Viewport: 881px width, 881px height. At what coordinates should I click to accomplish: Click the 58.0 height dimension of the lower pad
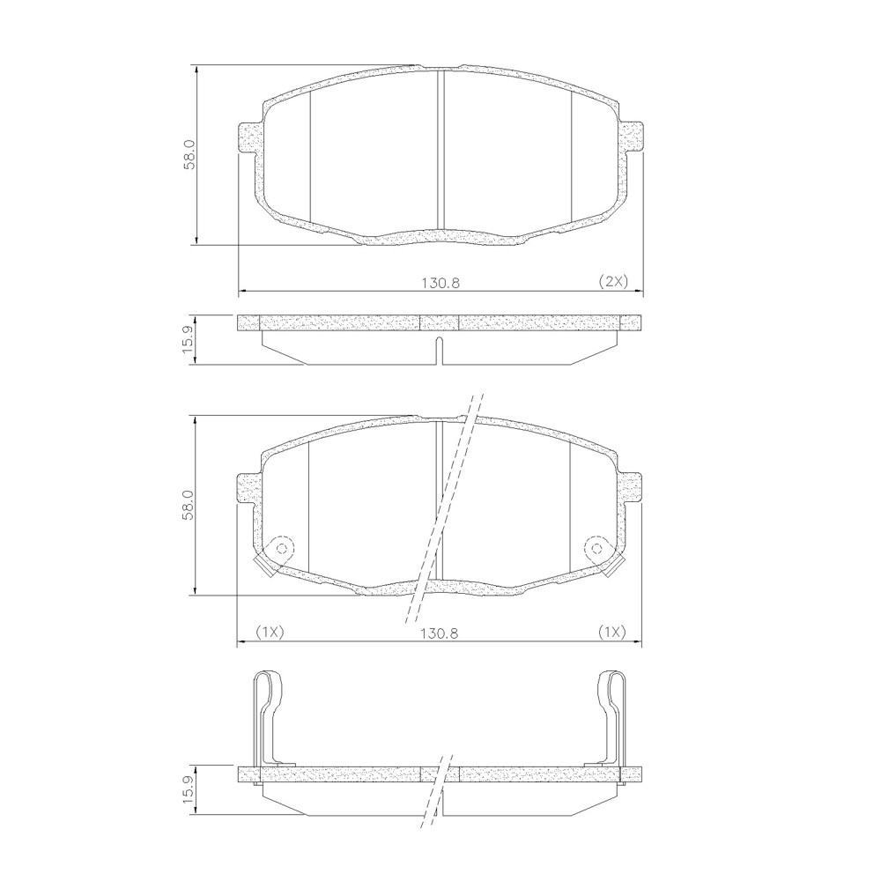point(189,506)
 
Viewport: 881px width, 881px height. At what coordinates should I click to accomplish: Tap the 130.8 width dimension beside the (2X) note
point(440,283)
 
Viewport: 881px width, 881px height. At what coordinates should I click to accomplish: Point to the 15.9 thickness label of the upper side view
point(189,339)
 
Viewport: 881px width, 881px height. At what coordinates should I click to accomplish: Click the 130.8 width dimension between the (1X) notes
point(440,633)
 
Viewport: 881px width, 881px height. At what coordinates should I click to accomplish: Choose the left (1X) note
point(270,632)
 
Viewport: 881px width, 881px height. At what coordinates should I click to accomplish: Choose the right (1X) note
point(611,632)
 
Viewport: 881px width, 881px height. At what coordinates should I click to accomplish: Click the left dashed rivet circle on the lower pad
point(282,548)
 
